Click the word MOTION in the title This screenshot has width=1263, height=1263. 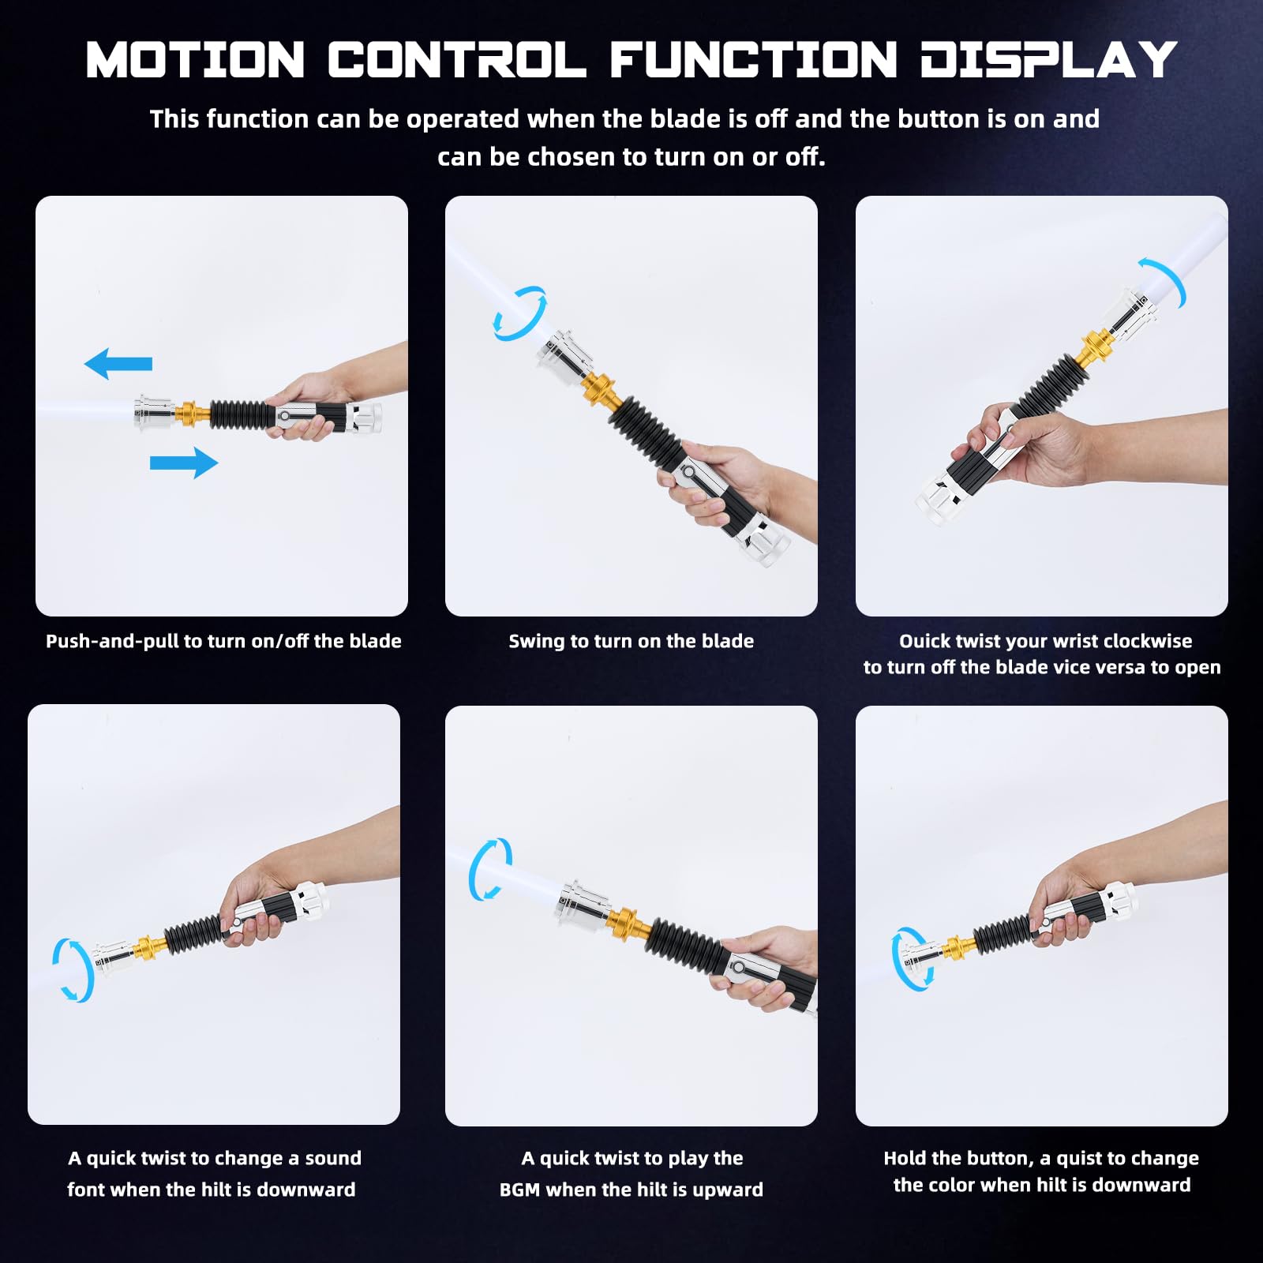195,60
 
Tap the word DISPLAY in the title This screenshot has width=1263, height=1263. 1048,60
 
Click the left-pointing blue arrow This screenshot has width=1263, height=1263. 118,364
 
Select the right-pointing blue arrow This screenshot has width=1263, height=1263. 184,463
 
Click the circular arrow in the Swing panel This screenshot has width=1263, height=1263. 519,313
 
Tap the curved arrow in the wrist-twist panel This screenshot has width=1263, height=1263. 1165,280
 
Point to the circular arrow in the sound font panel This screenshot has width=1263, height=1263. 73,970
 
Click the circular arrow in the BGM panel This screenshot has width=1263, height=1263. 490,869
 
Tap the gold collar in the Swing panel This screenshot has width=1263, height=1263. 601,391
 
